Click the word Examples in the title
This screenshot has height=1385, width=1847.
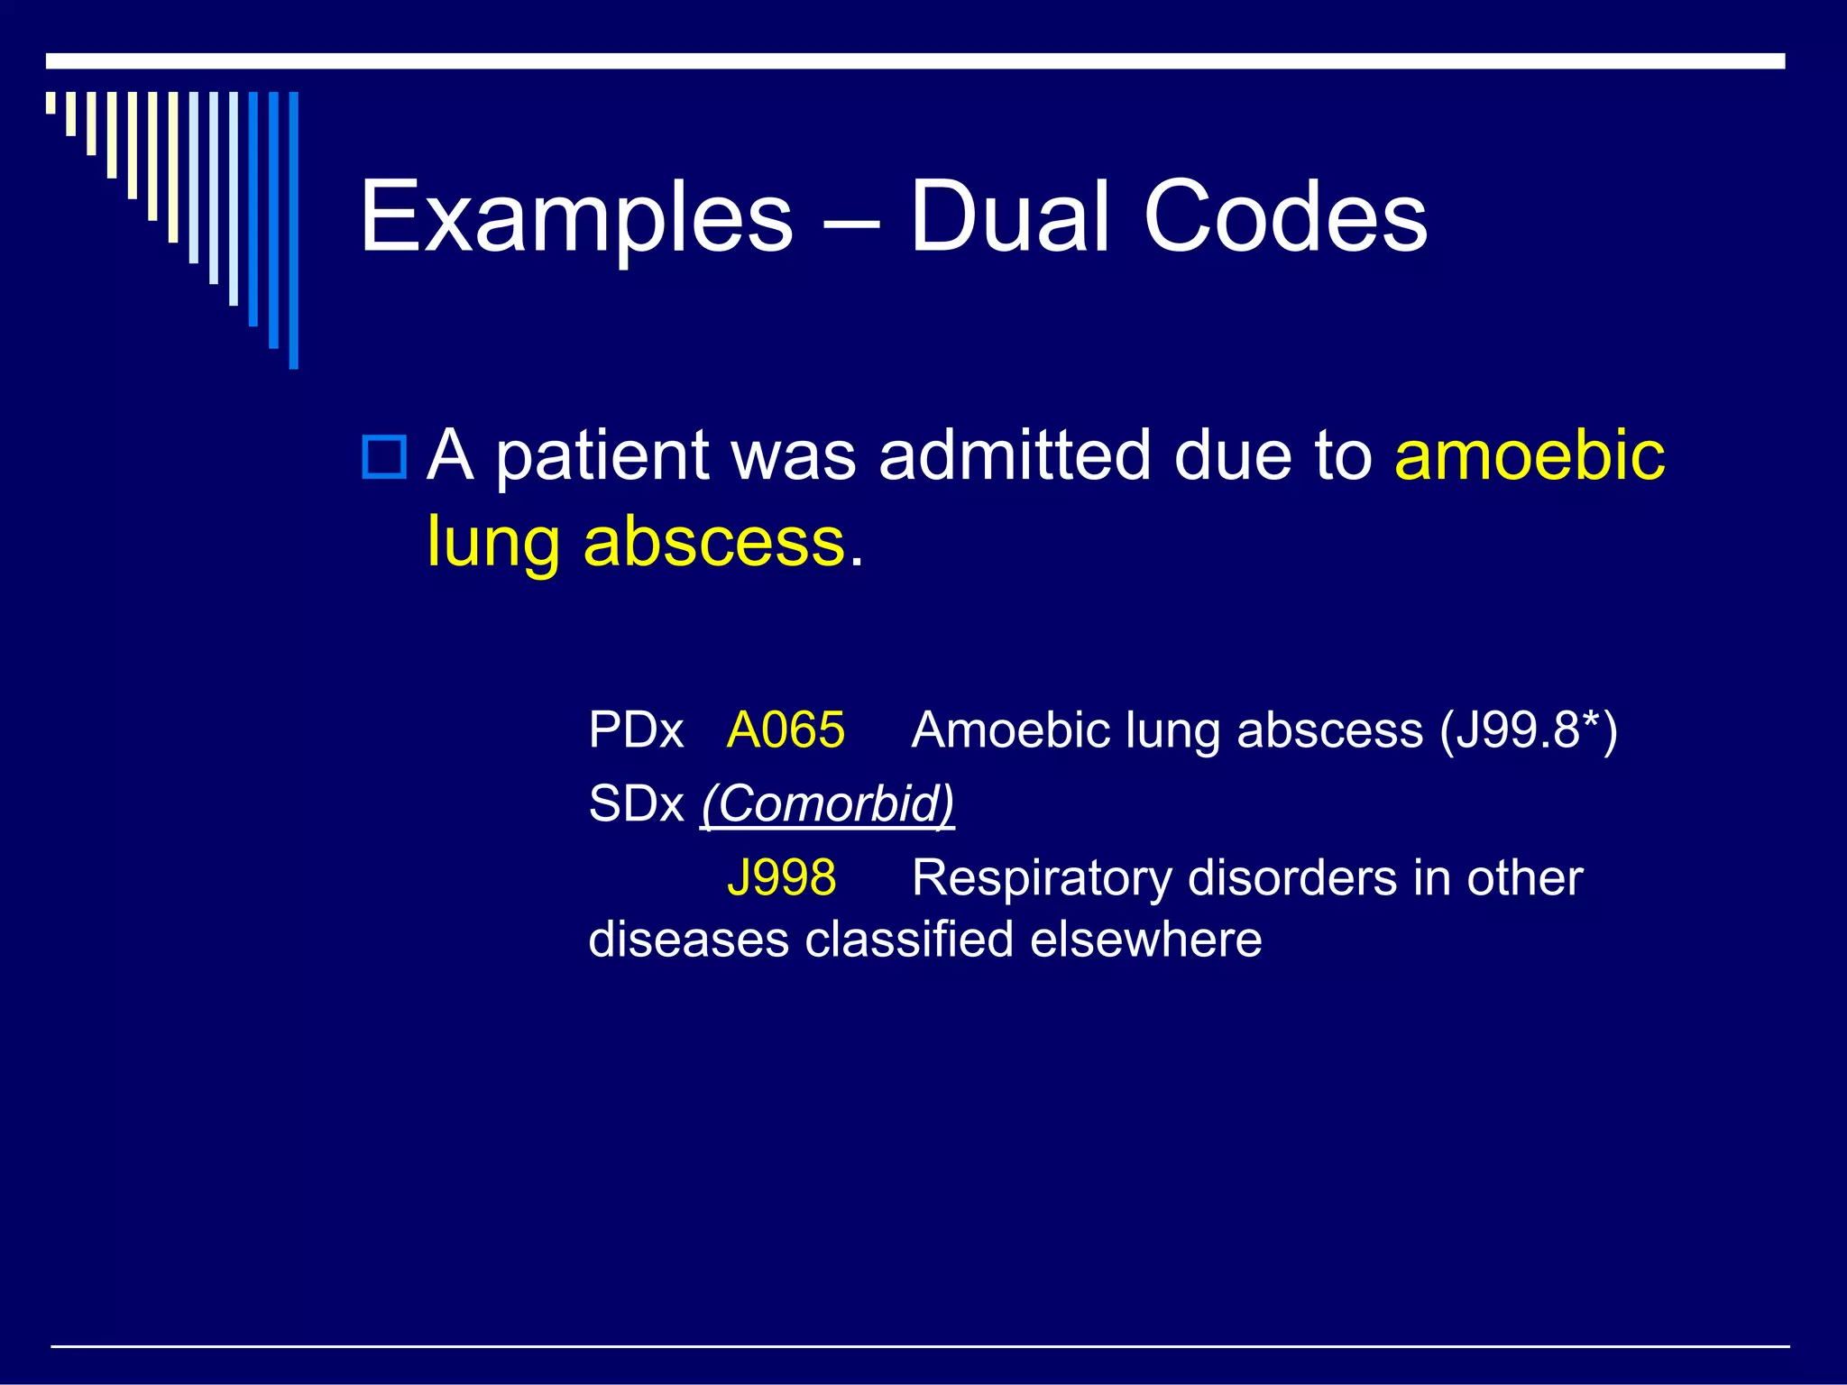tap(576, 217)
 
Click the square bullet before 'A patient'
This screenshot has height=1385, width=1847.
tap(383, 456)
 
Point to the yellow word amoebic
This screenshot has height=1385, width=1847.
tap(1530, 454)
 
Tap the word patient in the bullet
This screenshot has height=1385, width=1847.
tap(602, 456)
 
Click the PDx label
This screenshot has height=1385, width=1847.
tap(636, 729)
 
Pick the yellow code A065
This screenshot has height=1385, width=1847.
tap(786, 729)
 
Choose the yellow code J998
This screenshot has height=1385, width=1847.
tap(781, 877)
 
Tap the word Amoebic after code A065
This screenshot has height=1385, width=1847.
tap(1010, 729)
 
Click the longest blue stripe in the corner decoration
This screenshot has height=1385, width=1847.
tap(293, 230)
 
